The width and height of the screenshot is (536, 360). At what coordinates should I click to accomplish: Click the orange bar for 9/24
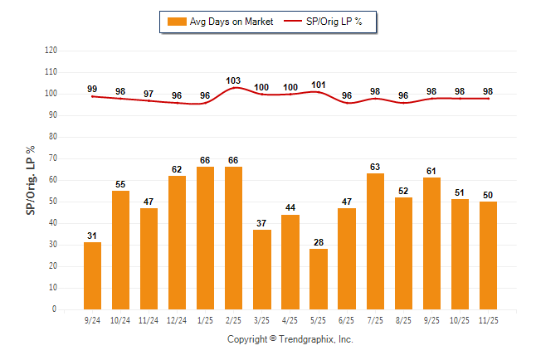click(92, 275)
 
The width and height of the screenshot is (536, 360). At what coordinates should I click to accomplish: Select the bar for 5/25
click(319, 279)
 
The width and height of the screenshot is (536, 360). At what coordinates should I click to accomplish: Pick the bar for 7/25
click(375, 241)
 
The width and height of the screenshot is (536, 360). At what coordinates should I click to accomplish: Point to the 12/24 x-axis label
click(177, 319)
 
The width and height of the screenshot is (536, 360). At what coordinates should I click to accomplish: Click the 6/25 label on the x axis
click(347, 319)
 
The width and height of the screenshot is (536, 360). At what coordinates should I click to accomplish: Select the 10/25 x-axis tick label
click(460, 319)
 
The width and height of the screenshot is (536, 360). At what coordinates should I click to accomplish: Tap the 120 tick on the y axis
click(51, 51)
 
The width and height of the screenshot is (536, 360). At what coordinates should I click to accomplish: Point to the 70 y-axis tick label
click(53, 158)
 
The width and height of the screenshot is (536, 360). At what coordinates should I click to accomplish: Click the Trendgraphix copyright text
click(290, 339)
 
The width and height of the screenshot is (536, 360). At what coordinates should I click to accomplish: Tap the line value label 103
click(234, 80)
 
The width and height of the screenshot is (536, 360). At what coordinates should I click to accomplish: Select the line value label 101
click(319, 85)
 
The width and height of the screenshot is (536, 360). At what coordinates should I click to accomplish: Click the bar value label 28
click(319, 241)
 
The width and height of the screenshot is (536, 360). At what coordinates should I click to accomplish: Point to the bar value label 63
click(375, 166)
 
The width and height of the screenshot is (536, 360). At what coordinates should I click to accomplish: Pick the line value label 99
click(92, 89)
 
